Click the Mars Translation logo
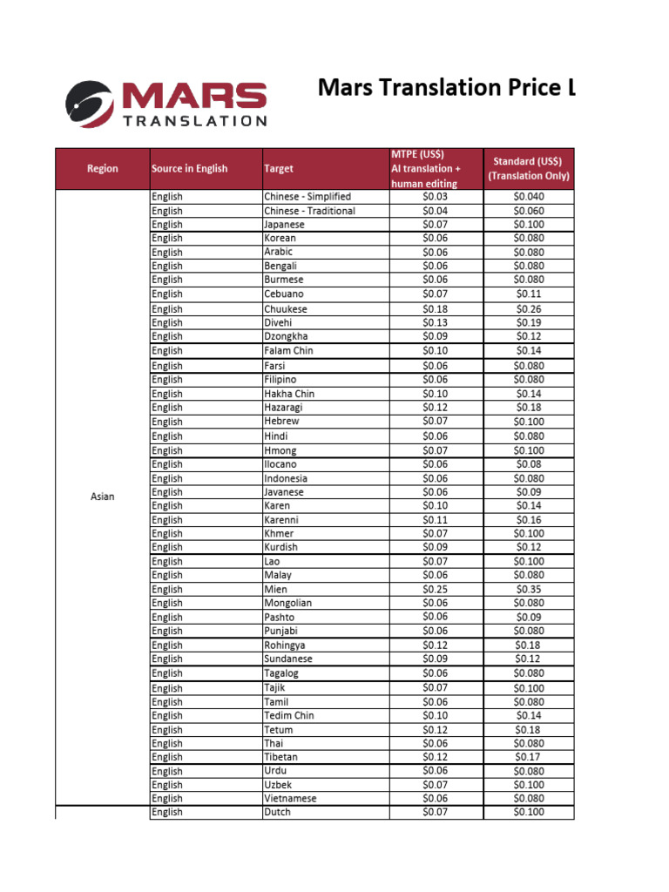pos(166,104)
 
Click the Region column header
pos(102,168)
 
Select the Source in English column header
pos(189,168)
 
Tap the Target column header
pos(279,168)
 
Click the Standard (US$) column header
pos(528,168)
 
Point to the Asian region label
pos(102,497)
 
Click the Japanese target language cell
pos(284,225)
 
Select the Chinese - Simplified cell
pos(307,197)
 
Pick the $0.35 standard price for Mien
pos(528,590)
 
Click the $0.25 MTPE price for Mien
pos(435,590)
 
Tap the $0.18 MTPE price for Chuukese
pos(435,309)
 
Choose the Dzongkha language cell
pos(286,336)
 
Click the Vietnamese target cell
pos(290,799)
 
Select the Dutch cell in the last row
pos(277,813)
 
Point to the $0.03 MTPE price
pos(435,197)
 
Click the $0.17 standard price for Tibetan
pos(528,757)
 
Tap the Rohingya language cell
pos(284,645)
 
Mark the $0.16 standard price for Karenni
pos(528,520)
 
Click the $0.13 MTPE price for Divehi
pos(435,322)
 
